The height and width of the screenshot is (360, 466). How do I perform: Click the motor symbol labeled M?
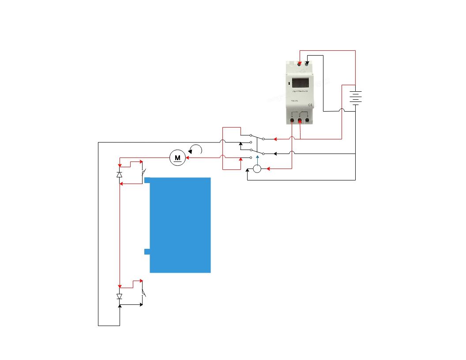[177, 157]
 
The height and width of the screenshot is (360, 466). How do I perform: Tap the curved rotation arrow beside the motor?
[195, 150]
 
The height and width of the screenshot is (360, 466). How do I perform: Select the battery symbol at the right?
[355, 97]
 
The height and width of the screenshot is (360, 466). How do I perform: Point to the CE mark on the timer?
[310, 105]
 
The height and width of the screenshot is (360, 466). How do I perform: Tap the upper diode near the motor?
[119, 174]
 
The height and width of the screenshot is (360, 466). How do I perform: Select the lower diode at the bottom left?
[119, 296]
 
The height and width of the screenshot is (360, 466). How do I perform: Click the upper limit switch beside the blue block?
[143, 172]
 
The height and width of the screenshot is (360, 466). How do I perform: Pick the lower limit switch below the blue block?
[143, 293]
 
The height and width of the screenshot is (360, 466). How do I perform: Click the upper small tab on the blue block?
[147, 180]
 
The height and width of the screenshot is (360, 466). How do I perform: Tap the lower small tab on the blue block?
[147, 251]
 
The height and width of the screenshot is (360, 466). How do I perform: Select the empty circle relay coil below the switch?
[257, 169]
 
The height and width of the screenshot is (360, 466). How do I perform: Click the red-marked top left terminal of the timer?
[300, 64]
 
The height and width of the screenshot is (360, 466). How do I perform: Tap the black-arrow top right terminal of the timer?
[307, 64]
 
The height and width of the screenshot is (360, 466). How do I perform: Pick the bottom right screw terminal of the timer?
[307, 120]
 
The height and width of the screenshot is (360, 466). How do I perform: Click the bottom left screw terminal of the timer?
[292, 120]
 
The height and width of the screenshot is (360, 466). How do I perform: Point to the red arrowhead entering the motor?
[188, 157]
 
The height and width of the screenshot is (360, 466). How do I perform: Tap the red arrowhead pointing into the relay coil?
[268, 169]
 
